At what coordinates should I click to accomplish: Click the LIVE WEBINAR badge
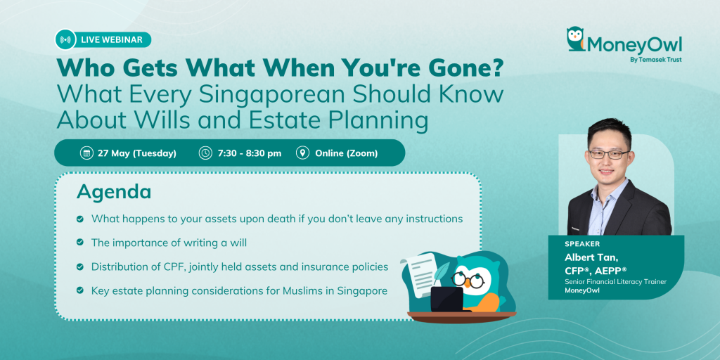(103, 39)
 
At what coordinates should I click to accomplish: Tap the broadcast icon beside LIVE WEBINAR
(65, 39)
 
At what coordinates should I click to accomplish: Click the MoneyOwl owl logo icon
(575, 39)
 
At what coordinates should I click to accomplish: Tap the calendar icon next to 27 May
(86, 153)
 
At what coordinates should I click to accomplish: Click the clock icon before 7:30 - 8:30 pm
(205, 153)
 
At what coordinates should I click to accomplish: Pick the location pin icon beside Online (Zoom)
(302, 153)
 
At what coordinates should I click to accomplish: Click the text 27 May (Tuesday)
(137, 153)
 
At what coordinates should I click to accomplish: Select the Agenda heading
(114, 193)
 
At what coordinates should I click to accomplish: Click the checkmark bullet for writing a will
(80, 243)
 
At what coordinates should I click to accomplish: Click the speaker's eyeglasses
(609, 154)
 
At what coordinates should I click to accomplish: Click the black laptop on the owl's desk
(446, 300)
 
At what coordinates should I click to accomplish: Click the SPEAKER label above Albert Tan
(582, 244)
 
